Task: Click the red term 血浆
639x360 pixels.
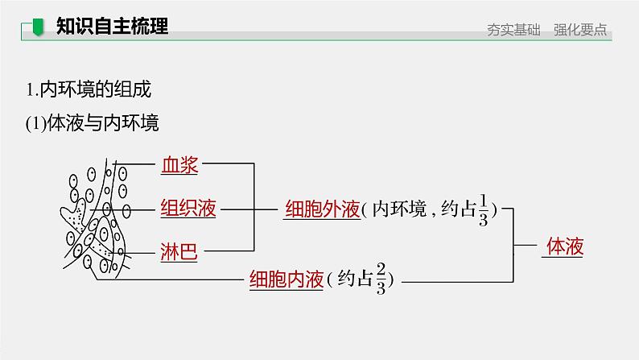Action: click(179, 165)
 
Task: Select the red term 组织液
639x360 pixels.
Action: click(188, 208)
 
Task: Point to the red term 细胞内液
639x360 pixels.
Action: click(286, 279)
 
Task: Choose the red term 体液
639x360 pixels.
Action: click(563, 246)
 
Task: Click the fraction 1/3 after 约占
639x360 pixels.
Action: click(483, 209)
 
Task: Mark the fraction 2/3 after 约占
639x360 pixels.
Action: click(381, 279)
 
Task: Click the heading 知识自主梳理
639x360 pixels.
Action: click(112, 27)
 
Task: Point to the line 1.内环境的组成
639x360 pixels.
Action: click(89, 90)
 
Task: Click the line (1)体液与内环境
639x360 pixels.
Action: click(93, 123)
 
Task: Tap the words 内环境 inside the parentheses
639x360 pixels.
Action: click(399, 209)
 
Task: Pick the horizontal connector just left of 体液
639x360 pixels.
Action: click(526, 246)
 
